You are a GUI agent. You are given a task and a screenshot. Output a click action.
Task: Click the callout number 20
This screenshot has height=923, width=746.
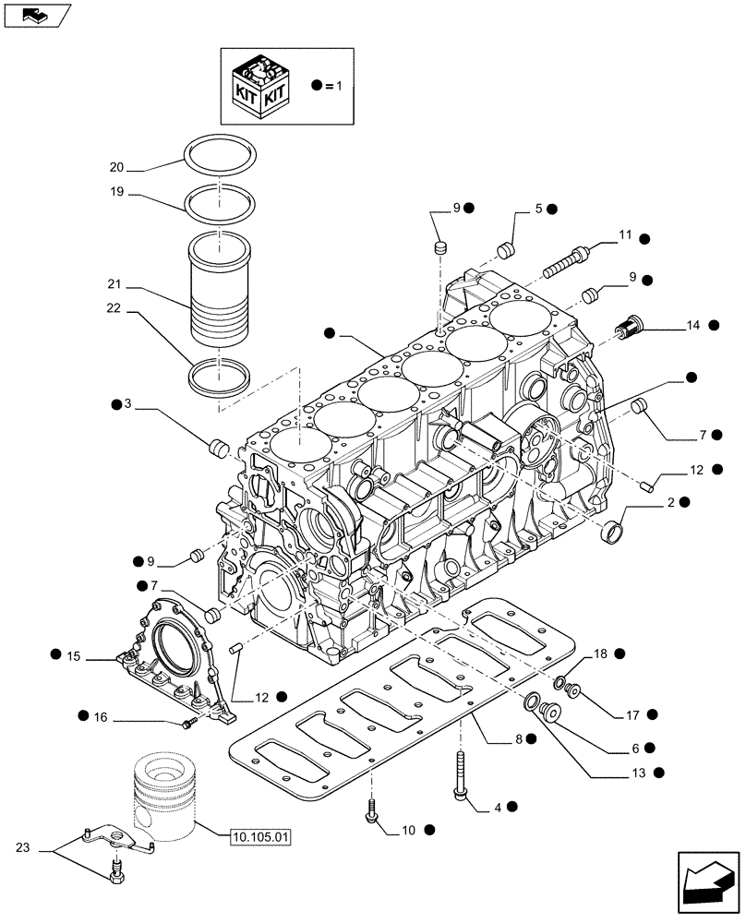click(x=116, y=168)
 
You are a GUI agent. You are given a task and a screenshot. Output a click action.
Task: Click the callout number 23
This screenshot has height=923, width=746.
click(x=23, y=846)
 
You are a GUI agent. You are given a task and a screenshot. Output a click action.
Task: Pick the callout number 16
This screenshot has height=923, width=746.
click(x=101, y=716)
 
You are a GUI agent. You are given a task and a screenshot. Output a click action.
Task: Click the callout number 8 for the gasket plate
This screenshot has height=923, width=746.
click(x=519, y=739)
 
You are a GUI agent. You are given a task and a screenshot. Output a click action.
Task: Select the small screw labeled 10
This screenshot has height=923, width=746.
click(x=372, y=811)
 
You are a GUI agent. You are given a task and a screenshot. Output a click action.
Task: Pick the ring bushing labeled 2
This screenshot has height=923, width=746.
click(x=612, y=533)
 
